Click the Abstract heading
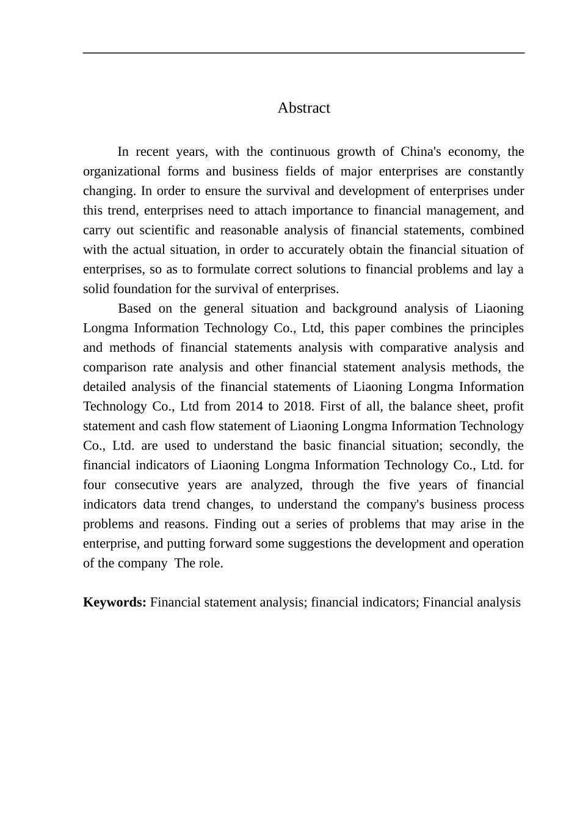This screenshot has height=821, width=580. click(x=303, y=108)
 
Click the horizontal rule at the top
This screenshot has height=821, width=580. click(x=303, y=53)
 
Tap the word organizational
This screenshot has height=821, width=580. click(x=120, y=171)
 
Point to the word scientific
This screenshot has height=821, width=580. click(x=164, y=230)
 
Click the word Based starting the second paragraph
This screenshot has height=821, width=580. click(x=134, y=308)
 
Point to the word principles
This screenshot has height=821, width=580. click(x=496, y=327)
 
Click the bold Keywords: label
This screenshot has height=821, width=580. click(x=114, y=602)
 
